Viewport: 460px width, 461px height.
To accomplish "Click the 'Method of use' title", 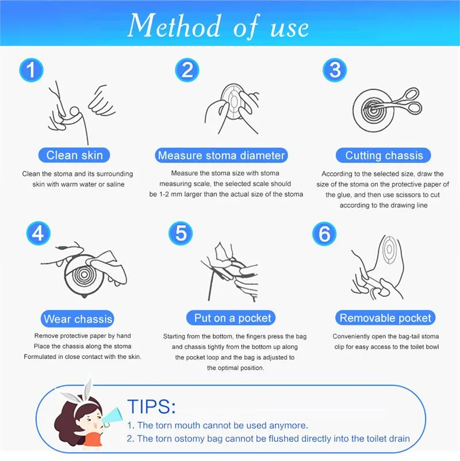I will click(x=218, y=26).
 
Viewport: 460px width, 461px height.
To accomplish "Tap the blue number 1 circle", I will click(x=32, y=71).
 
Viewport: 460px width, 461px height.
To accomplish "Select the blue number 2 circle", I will click(x=187, y=71).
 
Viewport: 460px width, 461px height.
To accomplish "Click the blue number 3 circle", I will click(x=335, y=71).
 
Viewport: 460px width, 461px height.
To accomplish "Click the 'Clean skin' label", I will click(x=74, y=155).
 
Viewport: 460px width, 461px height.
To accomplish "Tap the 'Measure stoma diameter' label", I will click(x=221, y=155).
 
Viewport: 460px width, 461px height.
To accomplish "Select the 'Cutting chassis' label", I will click(x=384, y=155).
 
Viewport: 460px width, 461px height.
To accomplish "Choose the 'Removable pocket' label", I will click(x=385, y=318).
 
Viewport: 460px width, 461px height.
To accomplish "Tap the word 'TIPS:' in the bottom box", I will click(x=151, y=406).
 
